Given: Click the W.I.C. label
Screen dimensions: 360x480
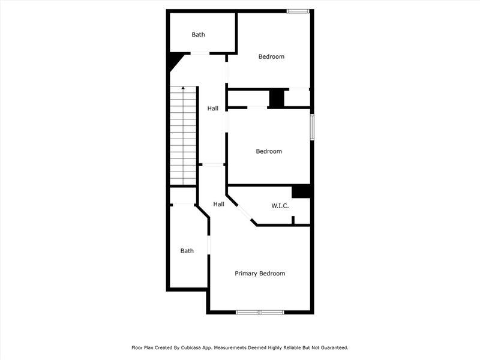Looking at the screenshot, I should (x=280, y=206).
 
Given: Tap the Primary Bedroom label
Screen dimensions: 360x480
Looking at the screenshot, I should (x=259, y=274).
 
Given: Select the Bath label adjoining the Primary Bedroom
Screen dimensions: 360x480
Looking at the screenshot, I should (x=187, y=251).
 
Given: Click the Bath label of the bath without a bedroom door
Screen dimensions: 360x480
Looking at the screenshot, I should (x=198, y=35).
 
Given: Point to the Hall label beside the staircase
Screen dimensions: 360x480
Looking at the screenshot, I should (x=213, y=109).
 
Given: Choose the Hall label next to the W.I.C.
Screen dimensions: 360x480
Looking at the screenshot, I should (x=219, y=204).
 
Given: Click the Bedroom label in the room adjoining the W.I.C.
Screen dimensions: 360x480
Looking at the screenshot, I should (x=269, y=151).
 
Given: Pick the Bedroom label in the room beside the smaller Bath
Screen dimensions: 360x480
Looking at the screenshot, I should (x=271, y=57).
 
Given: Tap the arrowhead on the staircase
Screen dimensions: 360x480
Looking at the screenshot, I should (x=183, y=89).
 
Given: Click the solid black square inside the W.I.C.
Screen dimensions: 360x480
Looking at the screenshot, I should (x=301, y=191).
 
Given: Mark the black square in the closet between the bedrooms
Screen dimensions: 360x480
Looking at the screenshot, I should (x=277, y=98).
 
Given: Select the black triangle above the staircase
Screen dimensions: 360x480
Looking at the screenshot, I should (x=175, y=61).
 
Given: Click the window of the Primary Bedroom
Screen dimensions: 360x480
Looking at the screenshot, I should (x=260, y=312).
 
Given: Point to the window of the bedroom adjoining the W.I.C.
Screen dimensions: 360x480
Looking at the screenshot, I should (x=311, y=128).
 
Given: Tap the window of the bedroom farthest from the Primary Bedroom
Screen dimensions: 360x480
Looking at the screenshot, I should (x=298, y=11).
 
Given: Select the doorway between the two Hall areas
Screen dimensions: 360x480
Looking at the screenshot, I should (x=212, y=164).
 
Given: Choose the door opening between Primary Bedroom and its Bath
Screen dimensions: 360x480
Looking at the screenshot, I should (x=208, y=245).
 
